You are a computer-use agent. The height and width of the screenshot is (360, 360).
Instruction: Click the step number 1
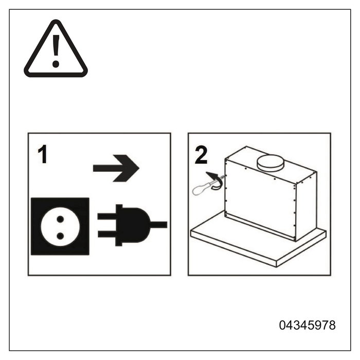pyautogui.click(x=43, y=154)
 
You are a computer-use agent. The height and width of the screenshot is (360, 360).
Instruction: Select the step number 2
pyautogui.click(x=201, y=155)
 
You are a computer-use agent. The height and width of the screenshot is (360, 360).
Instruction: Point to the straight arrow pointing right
pyautogui.click(x=116, y=168)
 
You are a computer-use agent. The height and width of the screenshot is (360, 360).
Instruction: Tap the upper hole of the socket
pyautogui.click(x=60, y=219)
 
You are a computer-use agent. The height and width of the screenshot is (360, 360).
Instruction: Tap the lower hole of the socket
pyautogui.click(x=60, y=236)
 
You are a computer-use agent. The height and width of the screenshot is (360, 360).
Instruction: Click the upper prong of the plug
pyautogui.click(x=107, y=217)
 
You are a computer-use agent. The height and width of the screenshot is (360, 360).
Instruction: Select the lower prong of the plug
pyautogui.click(x=107, y=234)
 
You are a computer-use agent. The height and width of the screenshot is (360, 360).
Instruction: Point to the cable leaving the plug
pyautogui.click(x=158, y=225)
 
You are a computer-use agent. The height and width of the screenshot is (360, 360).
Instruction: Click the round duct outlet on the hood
pyautogui.click(x=271, y=163)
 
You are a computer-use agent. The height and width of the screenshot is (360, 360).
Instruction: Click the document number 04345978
pyautogui.click(x=307, y=325)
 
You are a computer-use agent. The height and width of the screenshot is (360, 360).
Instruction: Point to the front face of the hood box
pyautogui.click(x=260, y=200)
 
